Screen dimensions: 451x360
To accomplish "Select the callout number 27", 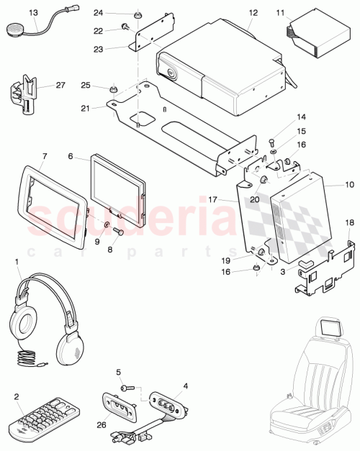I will point(60,85).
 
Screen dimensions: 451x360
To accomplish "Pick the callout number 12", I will point(253,13).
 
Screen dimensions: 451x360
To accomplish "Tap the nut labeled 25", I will point(113,90).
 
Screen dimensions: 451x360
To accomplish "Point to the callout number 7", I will point(45,155).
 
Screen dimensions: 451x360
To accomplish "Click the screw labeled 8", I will point(118,232).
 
